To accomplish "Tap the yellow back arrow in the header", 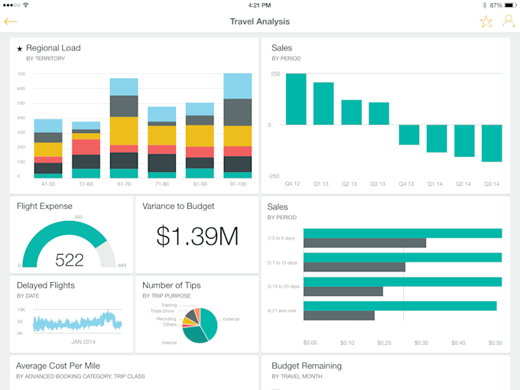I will point(11,21).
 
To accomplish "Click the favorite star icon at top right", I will point(486,21).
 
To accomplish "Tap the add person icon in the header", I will point(509,21).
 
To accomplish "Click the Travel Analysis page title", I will point(260,21).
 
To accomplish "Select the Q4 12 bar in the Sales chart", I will point(296,99).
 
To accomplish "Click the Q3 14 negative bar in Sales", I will point(492,143).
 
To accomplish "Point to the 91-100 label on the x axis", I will point(237,184).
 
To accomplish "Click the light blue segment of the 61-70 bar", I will point(124,86).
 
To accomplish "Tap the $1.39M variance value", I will point(197,237).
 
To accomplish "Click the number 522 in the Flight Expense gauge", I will point(69,260).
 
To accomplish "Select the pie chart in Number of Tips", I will point(200,324).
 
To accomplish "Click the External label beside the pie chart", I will point(231,319).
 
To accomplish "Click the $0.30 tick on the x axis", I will point(421,343).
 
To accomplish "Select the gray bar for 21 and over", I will point(339,315).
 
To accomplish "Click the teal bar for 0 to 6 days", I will point(402,233).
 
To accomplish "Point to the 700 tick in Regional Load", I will point(21,74).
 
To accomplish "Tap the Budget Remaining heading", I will point(304,366).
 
